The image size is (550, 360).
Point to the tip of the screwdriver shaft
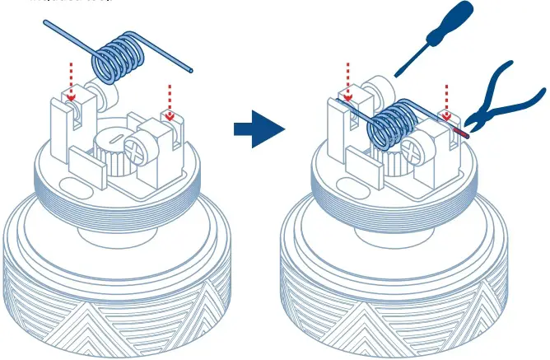point(399,75)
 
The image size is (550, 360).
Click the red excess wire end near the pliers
point(460,130)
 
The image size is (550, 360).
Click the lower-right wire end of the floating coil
point(191,72)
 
